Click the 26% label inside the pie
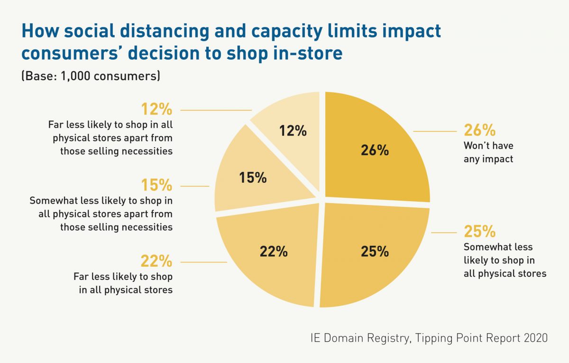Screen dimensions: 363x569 pos(375,150)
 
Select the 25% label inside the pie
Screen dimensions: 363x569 pos(375,251)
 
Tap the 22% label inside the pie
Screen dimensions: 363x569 pos(274,251)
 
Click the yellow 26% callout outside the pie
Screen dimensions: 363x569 pos(479,130)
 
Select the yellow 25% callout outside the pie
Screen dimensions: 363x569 pos(479,232)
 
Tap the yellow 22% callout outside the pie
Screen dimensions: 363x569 pos(156,261)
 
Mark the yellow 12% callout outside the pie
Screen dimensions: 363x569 pos(156,110)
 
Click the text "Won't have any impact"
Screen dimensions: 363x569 pos(488,152)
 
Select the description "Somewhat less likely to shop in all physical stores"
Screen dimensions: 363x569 pos(505,260)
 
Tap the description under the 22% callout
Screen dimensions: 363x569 pos(123,283)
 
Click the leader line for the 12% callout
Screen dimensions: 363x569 pos(216,110)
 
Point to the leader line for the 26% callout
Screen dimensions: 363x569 pos(434,131)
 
